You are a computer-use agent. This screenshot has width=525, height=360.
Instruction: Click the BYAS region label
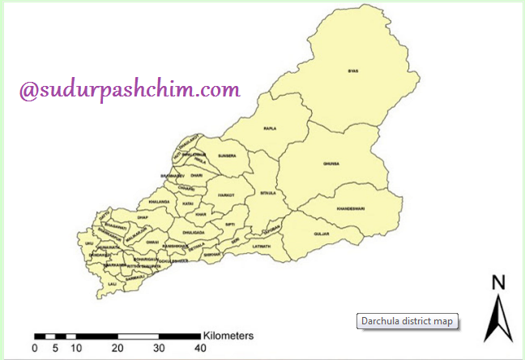click(x=352, y=71)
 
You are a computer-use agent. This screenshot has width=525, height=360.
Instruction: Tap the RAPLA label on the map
click(x=270, y=128)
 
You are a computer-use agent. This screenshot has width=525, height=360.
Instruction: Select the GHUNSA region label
click(x=331, y=164)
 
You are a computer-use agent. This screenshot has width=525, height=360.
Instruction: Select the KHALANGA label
click(x=159, y=201)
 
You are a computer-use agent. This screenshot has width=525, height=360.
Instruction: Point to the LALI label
click(x=113, y=284)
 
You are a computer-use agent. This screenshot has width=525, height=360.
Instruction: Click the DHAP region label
click(x=143, y=217)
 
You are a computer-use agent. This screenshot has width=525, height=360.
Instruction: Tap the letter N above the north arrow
click(x=499, y=282)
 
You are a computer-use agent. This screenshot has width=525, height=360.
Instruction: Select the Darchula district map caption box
click(x=408, y=321)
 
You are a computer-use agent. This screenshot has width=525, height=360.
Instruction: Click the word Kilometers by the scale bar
click(x=229, y=334)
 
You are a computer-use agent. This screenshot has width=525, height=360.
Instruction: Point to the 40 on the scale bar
click(x=199, y=348)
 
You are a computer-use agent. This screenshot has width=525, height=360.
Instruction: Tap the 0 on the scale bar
click(x=34, y=348)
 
